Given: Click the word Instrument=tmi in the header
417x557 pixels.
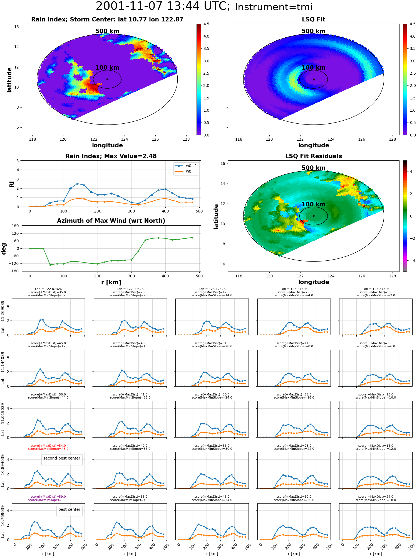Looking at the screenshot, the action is click(274, 7).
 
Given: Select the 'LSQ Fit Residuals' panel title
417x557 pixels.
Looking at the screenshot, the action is click(314, 156).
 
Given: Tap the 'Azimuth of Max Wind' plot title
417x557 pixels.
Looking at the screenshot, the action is click(111, 221).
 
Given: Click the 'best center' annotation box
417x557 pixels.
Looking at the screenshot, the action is click(69, 509).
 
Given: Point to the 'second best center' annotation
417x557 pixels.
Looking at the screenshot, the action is click(62, 458).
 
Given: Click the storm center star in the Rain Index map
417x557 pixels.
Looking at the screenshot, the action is click(107, 79).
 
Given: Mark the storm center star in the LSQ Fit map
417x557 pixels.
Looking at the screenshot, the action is click(314, 79).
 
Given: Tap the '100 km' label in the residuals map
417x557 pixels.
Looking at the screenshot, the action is click(314, 204).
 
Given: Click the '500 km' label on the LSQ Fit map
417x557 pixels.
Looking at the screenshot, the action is click(314, 31).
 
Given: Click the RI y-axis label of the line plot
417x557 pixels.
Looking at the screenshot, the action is click(12, 184).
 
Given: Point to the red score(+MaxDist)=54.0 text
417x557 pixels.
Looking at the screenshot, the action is click(48, 446).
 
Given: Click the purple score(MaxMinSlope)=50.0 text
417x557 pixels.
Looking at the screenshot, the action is click(48, 500).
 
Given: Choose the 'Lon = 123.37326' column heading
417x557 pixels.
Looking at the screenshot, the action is click(376, 289).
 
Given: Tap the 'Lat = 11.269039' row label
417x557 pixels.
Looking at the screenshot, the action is click(3, 317).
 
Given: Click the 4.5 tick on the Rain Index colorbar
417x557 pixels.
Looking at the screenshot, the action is click(206, 24).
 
